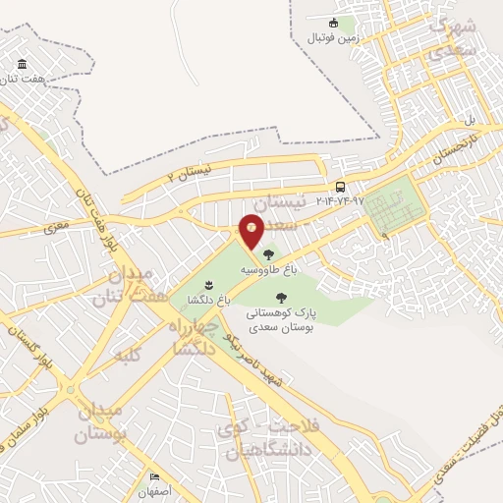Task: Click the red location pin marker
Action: click(x=251, y=232)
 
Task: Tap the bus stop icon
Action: click(x=340, y=187)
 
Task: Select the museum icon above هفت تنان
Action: click(x=21, y=66)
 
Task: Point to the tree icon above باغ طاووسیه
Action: click(x=269, y=254)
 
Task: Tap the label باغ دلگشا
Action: click(x=210, y=302)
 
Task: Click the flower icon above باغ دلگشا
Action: click(x=208, y=286)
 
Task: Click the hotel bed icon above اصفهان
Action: click(x=154, y=477)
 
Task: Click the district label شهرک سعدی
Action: click(x=458, y=33)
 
